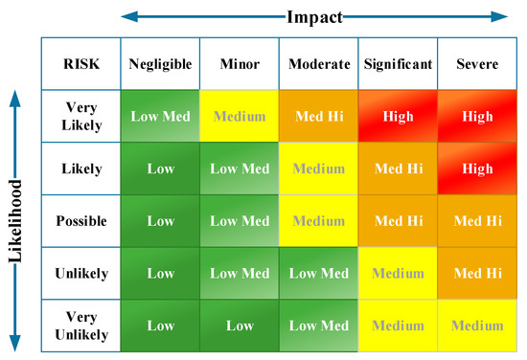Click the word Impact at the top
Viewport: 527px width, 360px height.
coord(315,15)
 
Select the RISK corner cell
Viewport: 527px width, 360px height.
coord(81,64)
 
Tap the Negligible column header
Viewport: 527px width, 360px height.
coord(161,64)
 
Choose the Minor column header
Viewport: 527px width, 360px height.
coord(239,64)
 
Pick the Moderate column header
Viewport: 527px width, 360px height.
coord(318,64)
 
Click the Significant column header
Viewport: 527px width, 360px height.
coord(398,64)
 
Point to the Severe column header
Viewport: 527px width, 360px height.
coord(477,64)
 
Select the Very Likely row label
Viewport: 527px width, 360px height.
coord(81,116)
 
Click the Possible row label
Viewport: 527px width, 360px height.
coord(81,220)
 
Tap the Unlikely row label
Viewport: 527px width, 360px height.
coord(81,273)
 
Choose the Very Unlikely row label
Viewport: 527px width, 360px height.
coord(81,326)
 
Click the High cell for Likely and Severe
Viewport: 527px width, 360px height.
coord(477,169)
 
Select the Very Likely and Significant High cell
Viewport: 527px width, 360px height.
coord(398,116)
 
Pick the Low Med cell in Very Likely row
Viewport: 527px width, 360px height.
coord(161,116)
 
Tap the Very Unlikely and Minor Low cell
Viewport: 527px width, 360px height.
coord(239,326)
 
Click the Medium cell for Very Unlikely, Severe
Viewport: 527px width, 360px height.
coord(477,326)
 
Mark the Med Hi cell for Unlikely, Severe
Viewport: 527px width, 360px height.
coord(477,273)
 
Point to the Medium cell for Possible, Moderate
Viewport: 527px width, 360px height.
coord(318,220)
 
